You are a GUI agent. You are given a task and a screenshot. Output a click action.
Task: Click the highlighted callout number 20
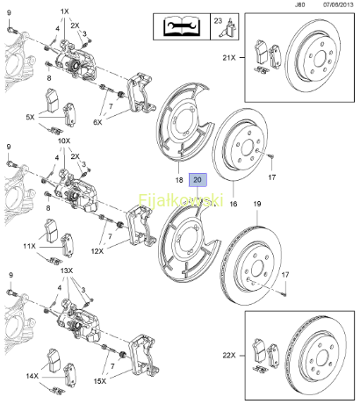point(198,180)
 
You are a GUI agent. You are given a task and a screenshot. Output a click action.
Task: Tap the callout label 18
point(179,180)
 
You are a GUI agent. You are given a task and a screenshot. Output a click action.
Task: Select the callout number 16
point(234,204)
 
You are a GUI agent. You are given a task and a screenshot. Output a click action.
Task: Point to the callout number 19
point(257,204)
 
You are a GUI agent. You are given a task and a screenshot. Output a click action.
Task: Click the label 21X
point(229,58)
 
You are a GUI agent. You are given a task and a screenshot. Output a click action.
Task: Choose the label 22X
point(229,356)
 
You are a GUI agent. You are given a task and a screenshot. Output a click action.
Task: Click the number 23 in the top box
point(218,21)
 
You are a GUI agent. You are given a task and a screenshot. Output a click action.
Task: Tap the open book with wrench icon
point(182,25)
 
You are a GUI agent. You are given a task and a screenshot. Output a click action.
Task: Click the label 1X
point(64,11)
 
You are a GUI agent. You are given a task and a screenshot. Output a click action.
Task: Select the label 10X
point(64,141)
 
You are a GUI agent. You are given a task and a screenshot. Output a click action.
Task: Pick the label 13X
point(67,271)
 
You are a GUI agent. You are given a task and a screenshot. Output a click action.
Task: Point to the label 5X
point(30,117)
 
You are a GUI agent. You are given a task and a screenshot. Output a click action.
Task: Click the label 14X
point(32,376)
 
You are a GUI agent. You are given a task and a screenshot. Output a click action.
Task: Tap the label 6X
point(97,122)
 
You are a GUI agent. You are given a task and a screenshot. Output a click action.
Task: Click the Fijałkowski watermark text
point(181,200)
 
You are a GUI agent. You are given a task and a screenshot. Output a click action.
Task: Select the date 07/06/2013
point(338,4)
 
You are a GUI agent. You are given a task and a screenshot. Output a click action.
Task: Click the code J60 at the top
point(299,4)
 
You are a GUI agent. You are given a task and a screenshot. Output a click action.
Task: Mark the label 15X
point(100,381)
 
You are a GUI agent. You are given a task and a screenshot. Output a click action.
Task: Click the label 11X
point(29,246)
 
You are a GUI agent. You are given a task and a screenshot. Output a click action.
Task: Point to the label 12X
point(97,251)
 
